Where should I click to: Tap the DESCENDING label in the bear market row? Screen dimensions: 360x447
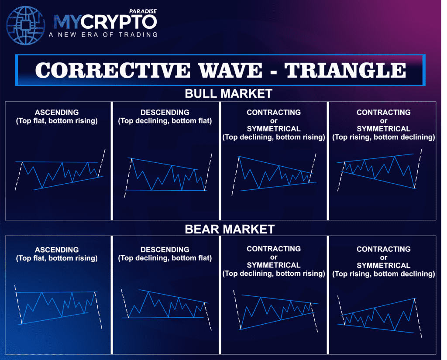click(x=165, y=250)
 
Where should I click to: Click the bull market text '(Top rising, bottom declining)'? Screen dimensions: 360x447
click(x=384, y=137)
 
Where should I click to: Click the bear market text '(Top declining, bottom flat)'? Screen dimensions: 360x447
click(x=165, y=258)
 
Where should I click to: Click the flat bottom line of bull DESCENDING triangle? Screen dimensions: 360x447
click(x=166, y=190)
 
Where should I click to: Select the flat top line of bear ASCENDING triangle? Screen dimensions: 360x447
click(x=57, y=292)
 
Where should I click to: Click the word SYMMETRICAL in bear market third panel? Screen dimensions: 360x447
click(x=274, y=265)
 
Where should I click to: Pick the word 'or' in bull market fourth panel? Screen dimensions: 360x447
click(x=384, y=120)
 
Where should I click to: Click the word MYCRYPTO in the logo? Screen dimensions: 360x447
click(x=105, y=22)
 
